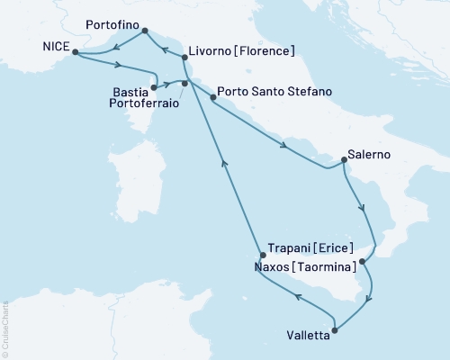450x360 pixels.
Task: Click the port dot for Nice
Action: click(75, 52)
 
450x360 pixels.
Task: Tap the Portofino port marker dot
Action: click(145, 31)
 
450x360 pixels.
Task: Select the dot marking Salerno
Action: click(345, 161)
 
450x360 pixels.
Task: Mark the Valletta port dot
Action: click(335, 330)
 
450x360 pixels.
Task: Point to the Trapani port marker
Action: click(263, 255)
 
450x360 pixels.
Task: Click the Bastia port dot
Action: click(155, 87)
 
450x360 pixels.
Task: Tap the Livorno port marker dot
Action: click(184, 58)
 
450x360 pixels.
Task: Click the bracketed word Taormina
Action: click(321, 267)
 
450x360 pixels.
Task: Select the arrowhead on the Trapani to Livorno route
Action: click(225, 163)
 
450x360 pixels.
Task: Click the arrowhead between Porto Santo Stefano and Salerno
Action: click(283, 146)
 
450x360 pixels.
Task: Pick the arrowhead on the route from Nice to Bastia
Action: click(118, 63)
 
